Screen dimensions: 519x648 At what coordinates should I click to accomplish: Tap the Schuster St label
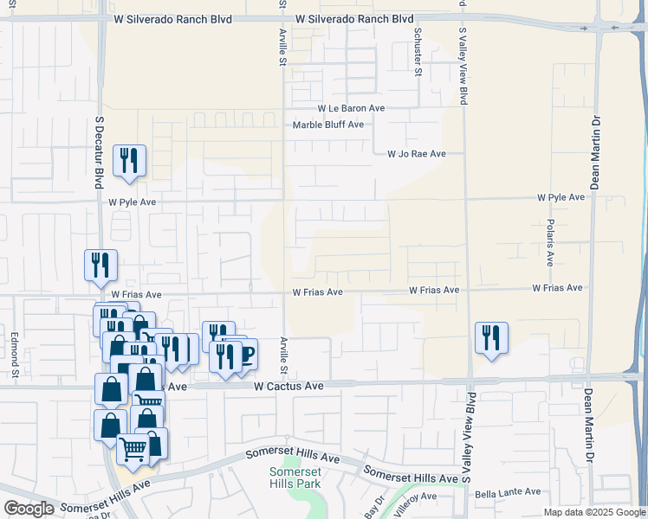[418, 53]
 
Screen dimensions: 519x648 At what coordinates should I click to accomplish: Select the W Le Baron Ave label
[350, 108]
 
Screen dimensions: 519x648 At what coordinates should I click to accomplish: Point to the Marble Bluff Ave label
[327, 125]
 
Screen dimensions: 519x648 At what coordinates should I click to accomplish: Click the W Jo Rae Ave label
[416, 154]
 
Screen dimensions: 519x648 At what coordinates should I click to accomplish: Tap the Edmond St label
[15, 354]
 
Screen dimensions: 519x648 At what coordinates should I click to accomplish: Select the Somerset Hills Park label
[295, 477]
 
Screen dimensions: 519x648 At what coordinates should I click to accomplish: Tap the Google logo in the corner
[29, 509]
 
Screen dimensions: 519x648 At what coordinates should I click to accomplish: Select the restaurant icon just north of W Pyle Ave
[130, 160]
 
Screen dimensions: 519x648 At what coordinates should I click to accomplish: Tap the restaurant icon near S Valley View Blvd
[491, 338]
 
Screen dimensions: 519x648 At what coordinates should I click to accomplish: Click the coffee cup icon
[244, 354]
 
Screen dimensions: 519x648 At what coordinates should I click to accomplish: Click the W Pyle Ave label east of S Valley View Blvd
[561, 197]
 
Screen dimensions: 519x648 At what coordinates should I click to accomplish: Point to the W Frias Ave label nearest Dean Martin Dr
[558, 287]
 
